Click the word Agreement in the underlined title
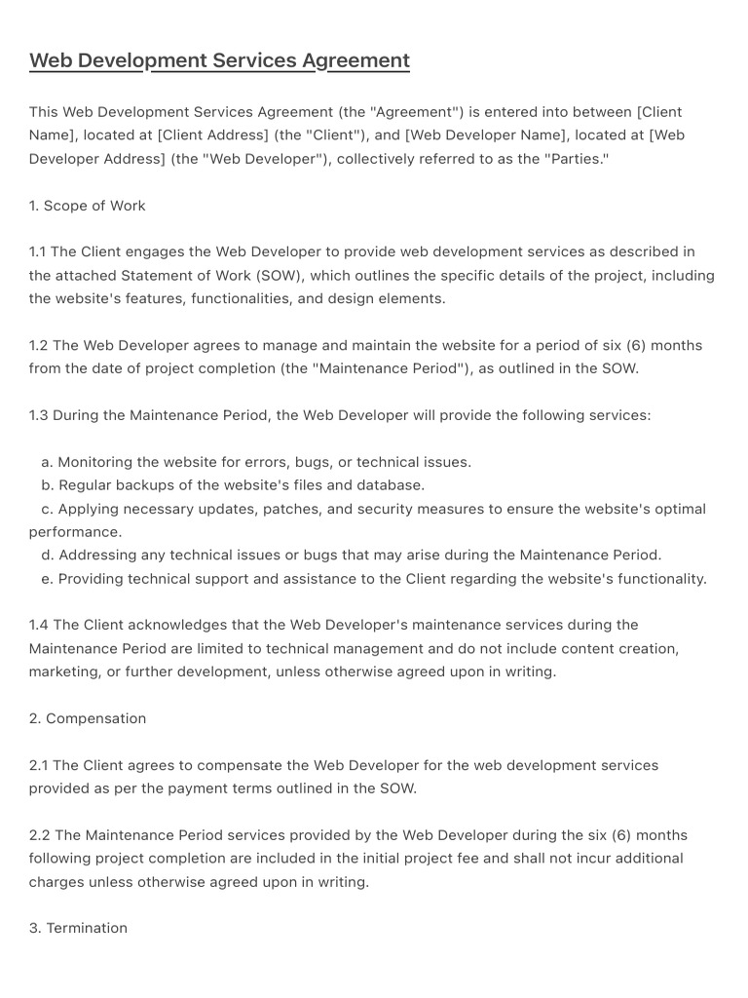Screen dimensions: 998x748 355,60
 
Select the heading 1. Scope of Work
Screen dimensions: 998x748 87,206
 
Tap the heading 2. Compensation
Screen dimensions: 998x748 87,718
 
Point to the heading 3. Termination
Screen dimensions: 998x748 78,928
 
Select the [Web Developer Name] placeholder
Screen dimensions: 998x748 479,135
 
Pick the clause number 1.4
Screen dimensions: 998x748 38,625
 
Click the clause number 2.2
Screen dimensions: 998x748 39,835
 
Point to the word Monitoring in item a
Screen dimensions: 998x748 97,462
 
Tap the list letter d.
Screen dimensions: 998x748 47,555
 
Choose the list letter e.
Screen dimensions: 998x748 47,578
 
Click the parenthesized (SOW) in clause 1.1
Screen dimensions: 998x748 279,275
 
